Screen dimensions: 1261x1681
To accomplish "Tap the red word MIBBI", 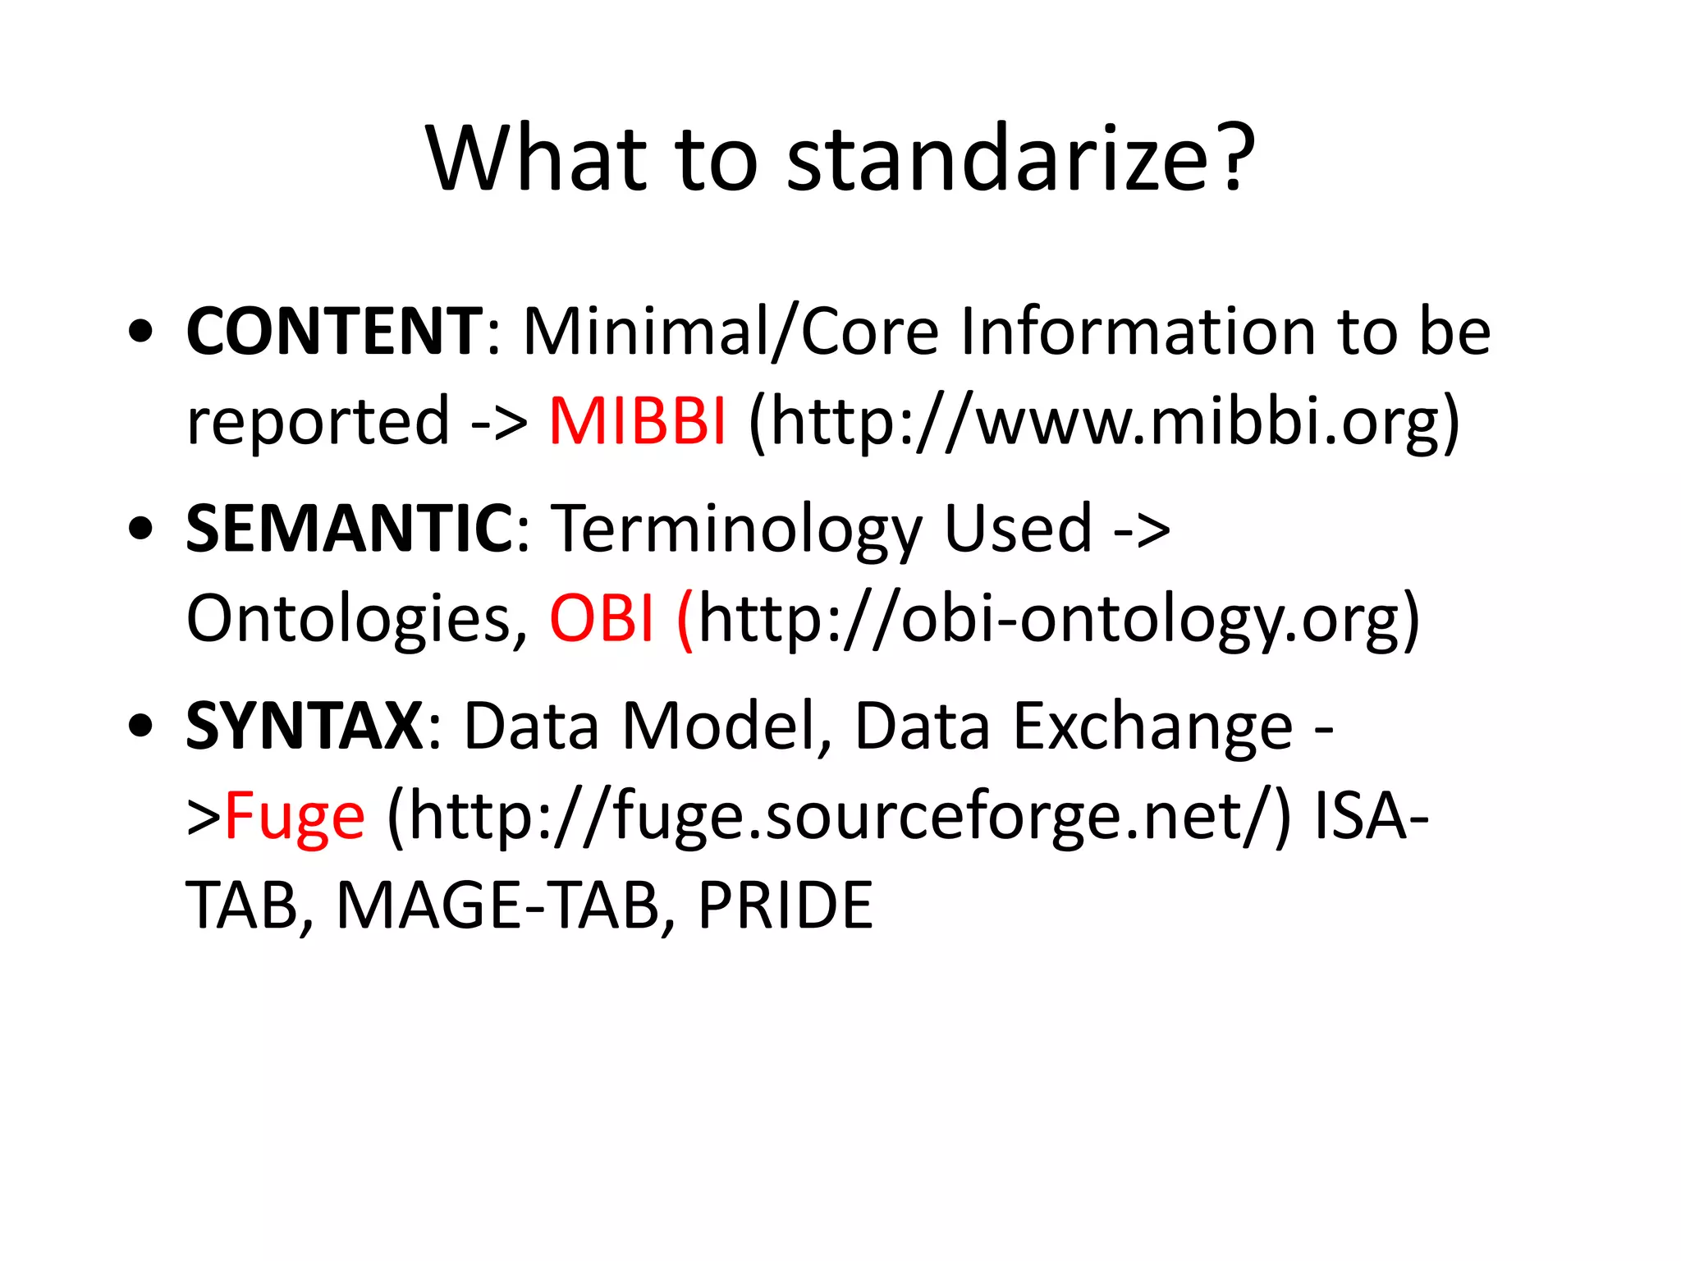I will [637, 421].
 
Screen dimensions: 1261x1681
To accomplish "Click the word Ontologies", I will [357, 618].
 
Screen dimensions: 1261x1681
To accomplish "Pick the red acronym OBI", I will [602, 618].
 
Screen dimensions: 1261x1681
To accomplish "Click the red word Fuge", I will [295, 818].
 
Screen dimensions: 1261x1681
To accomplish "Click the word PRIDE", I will [785, 906].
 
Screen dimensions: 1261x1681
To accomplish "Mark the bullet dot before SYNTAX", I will [141, 726].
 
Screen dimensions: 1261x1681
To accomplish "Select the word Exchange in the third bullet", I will [1153, 727].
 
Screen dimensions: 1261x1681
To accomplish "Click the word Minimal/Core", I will [731, 332].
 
